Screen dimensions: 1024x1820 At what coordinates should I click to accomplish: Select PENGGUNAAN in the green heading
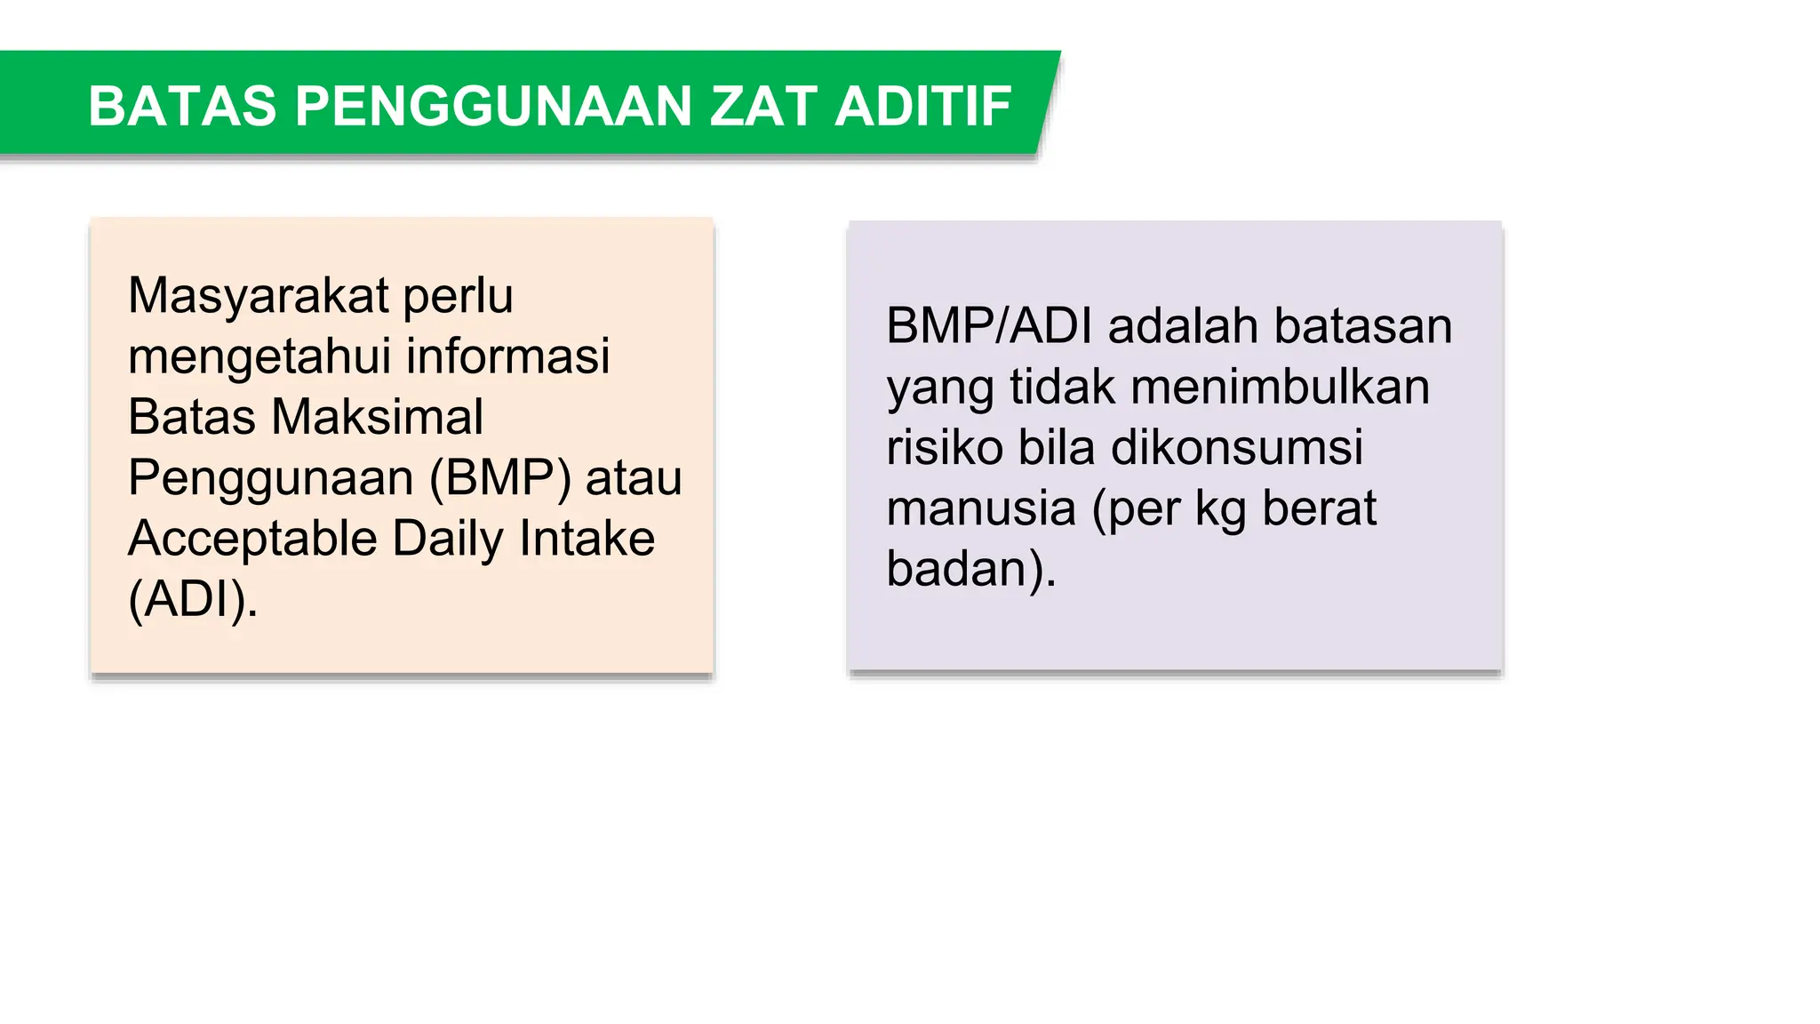point(492,107)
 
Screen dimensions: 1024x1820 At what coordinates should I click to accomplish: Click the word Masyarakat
point(259,296)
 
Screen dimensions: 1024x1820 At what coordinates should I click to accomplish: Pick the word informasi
point(508,356)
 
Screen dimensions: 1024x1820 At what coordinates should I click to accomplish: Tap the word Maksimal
point(377,417)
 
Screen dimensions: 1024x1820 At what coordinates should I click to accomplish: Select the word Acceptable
point(252,539)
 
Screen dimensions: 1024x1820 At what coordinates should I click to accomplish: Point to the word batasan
point(1363,326)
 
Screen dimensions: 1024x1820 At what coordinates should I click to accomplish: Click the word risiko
point(945,447)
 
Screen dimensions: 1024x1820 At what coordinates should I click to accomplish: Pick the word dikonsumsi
point(1237,447)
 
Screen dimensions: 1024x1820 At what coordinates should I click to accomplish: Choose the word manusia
point(982,508)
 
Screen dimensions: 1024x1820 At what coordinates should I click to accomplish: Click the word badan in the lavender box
point(956,569)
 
